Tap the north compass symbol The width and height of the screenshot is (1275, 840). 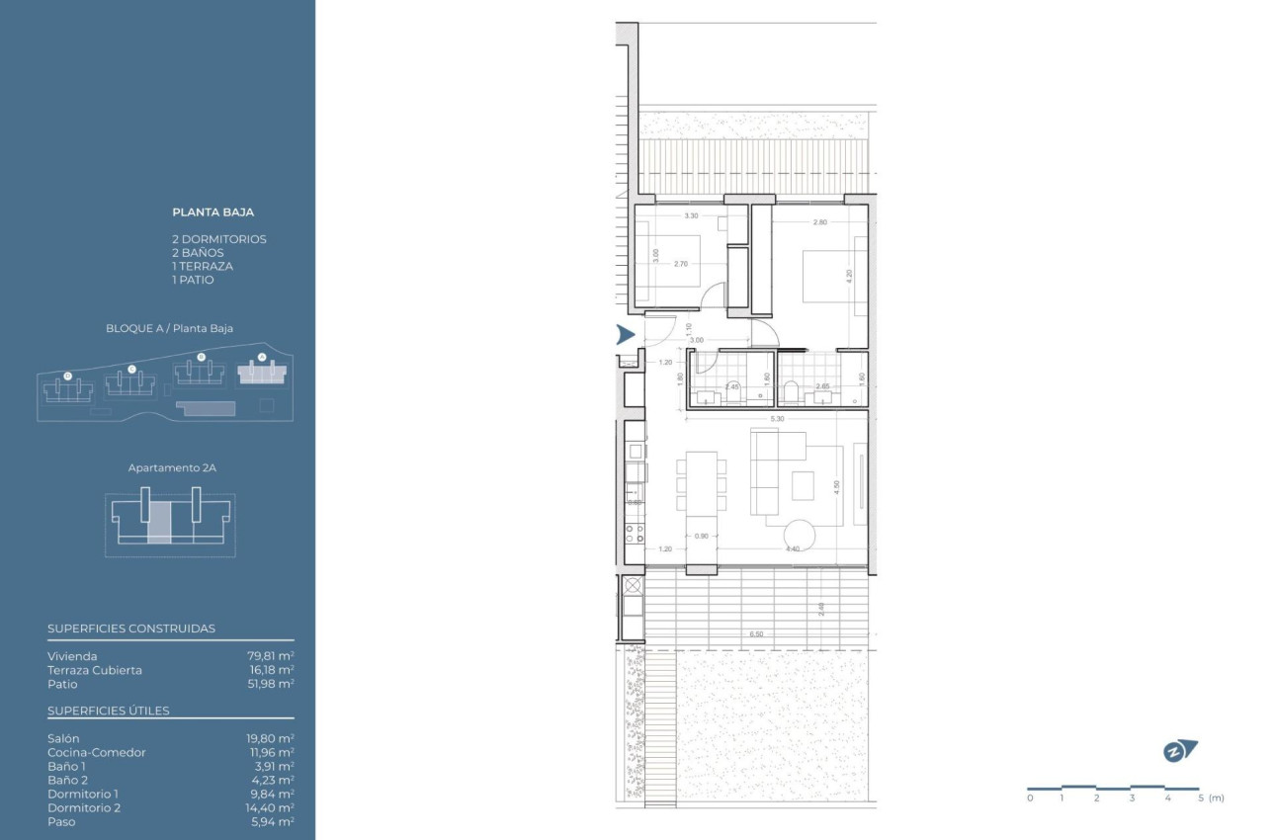[1179, 751]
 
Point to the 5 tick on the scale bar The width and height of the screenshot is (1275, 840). [1200, 798]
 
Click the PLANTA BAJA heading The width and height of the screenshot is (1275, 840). [213, 211]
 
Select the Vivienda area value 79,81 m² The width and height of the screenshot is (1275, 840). [270, 656]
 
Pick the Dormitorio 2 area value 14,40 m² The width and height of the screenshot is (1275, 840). [270, 807]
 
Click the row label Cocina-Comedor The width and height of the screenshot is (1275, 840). [96, 752]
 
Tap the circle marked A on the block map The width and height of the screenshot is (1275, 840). [261, 357]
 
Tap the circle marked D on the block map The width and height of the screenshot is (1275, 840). [67, 376]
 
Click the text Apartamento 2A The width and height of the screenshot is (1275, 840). [172, 467]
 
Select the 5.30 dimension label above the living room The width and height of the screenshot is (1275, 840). [777, 419]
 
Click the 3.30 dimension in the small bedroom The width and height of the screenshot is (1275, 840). [691, 215]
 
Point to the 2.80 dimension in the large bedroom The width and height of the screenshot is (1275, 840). [819, 222]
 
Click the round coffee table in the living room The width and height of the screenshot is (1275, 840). [799, 535]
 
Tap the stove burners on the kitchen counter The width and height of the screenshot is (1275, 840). [635, 535]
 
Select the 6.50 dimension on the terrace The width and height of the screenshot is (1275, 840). [756, 633]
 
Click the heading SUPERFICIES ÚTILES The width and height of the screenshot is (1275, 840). [109, 711]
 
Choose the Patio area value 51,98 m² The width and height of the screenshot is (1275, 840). [270, 684]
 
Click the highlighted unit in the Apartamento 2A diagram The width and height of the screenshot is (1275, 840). [159, 521]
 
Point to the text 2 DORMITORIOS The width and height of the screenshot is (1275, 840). [219, 239]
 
